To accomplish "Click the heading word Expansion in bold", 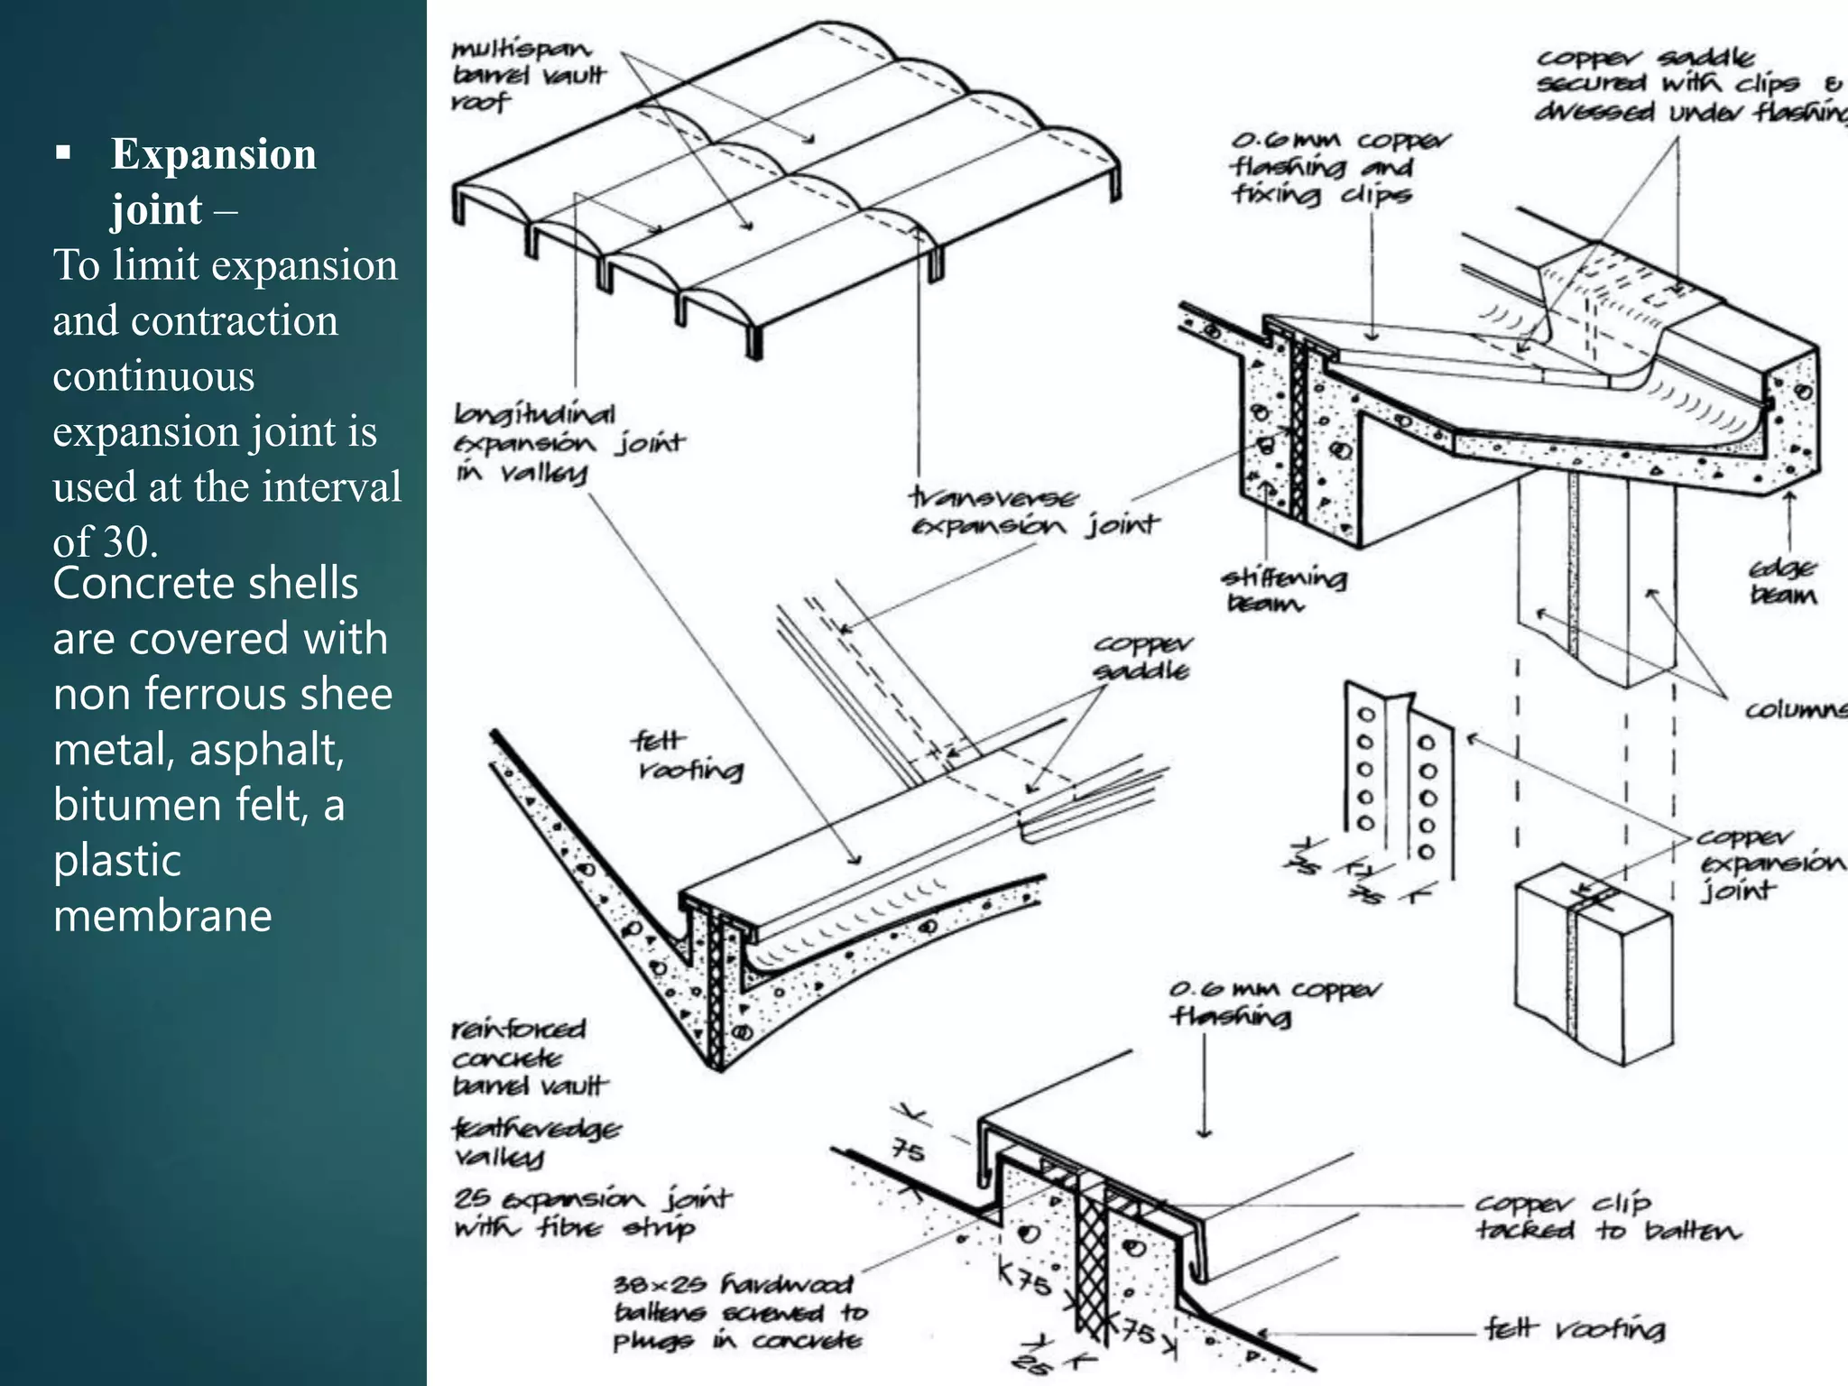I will [x=213, y=154].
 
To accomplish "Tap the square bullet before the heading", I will [x=62, y=152].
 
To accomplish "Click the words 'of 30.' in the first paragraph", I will [x=106, y=541].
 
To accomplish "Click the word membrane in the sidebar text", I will [x=162, y=916].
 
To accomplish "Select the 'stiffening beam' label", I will [x=1282, y=590].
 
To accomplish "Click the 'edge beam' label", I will [x=1782, y=582].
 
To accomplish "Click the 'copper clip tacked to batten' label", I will [x=1606, y=1216].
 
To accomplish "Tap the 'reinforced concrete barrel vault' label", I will [x=528, y=1058].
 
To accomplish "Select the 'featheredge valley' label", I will [x=534, y=1141].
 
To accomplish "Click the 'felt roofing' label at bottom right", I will [x=1575, y=1328].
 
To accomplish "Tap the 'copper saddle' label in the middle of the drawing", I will [x=1141, y=658].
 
